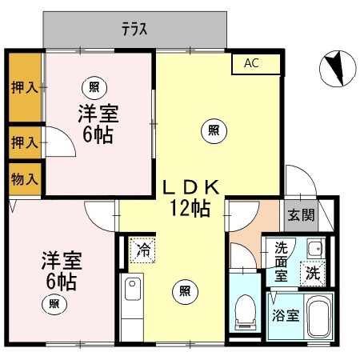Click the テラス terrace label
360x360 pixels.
(x=134, y=29)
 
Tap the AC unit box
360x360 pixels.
(x=256, y=64)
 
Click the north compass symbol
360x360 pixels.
(x=338, y=69)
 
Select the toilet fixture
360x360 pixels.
(x=245, y=312)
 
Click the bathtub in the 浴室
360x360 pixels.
(x=318, y=316)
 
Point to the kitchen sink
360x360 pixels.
(x=133, y=289)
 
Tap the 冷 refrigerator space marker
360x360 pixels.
(x=142, y=250)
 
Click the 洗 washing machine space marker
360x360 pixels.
(x=313, y=273)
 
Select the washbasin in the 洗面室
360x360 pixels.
(x=316, y=249)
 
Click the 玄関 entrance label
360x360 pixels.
(x=302, y=214)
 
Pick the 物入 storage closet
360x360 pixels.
(x=25, y=179)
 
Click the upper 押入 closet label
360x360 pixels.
(x=25, y=87)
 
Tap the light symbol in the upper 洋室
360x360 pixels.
(x=94, y=87)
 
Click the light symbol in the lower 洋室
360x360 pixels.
(x=54, y=304)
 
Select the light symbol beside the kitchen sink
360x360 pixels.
(x=185, y=291)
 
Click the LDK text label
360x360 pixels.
(x=191, y=187)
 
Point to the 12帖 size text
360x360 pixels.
(x=190, y=208)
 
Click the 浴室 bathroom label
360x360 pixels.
(x=286, y=315)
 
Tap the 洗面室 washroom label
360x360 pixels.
(x=282, y=262)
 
